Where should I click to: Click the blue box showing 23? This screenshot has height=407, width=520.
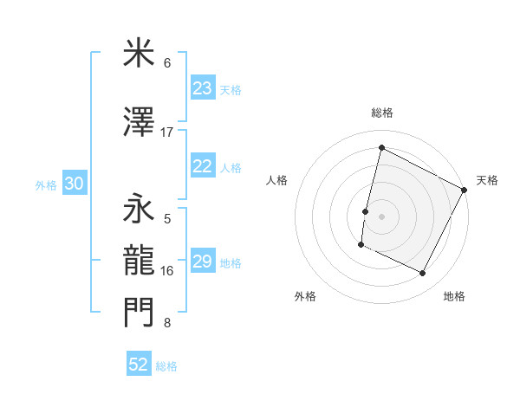202,88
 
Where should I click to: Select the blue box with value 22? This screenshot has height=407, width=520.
202,167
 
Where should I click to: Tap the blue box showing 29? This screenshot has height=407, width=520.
202,262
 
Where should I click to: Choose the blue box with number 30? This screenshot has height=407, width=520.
74,184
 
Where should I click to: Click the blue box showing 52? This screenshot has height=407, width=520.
139,365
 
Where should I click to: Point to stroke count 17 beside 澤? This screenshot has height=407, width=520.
167,132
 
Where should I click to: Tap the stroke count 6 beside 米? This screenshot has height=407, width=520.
167,63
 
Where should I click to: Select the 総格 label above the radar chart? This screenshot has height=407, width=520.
381,113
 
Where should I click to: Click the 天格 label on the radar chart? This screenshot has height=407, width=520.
487,180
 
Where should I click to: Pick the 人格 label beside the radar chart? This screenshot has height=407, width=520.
276,180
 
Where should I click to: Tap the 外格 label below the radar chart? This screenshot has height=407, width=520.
305,296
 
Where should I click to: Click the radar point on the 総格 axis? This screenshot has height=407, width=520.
381,147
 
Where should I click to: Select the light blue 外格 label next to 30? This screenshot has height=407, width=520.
46,185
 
